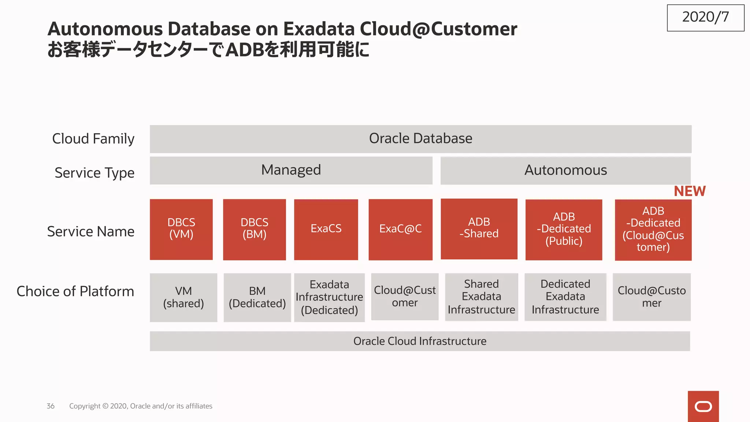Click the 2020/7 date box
705,18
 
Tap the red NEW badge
689,191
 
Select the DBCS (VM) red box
181,229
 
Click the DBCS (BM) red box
255,229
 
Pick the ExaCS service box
326,229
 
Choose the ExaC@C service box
400,229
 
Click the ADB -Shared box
479,229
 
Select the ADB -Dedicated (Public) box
564,229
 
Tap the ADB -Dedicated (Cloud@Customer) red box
653,230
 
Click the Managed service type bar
291,170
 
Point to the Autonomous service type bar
565,170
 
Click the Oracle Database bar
420,139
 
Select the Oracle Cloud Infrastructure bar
420,341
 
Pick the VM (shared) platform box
183,297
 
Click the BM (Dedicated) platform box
257,297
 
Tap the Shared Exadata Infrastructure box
481,297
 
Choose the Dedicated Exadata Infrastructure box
565,297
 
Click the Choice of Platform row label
75,292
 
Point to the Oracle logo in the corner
703,406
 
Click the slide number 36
51,406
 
